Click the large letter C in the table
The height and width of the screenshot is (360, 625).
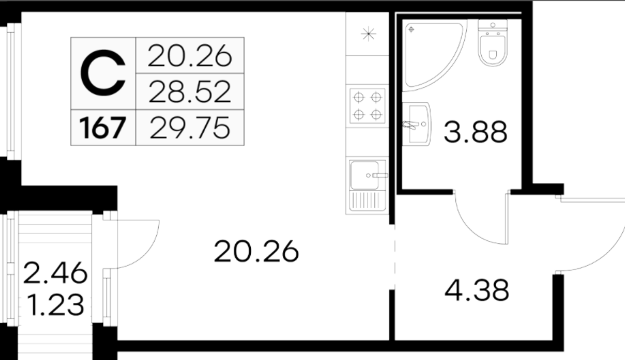103,73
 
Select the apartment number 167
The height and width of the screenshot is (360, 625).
103,128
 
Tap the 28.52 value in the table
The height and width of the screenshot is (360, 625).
190,92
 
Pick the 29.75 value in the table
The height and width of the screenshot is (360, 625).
190,128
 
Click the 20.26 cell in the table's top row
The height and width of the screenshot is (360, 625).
190,56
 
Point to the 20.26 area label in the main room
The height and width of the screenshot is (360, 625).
256,252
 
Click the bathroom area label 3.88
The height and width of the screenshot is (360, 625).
475,132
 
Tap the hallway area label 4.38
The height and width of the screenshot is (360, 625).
477,290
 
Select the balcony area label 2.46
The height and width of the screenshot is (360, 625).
55,273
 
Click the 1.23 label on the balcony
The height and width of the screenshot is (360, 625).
56,305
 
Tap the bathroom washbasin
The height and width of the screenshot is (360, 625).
416,124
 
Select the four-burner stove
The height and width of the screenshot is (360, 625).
367,106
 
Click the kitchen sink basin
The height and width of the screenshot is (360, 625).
364,175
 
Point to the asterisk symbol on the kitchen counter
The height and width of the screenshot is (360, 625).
368,34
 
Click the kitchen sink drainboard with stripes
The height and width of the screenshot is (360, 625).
367,200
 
